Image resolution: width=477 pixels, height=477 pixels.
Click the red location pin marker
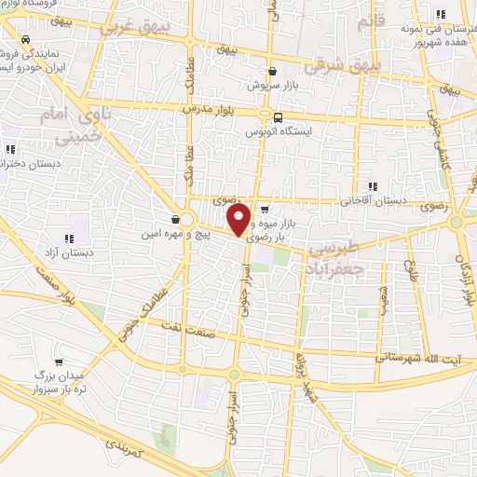pos(239,219)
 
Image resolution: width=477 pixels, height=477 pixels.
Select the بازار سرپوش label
pos(271,85)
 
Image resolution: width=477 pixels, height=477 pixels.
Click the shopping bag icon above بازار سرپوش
pos(271,71)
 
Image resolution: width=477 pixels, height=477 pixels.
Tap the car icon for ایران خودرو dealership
pos(24,41)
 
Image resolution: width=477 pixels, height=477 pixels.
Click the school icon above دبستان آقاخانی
pos(372,185)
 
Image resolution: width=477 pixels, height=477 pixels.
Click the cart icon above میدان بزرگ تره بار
pos(59,361)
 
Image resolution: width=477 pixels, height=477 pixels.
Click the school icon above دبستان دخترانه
pos(10,149)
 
